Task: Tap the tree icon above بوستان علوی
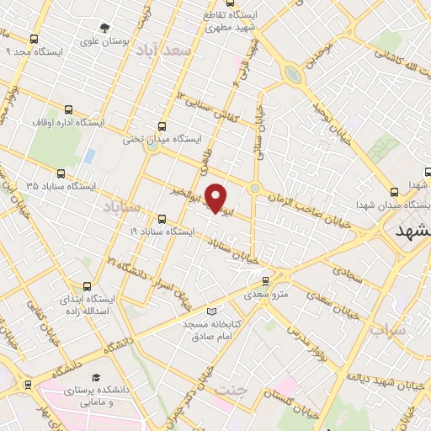[x=104, y=25]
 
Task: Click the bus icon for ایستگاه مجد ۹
[x=34, y=39]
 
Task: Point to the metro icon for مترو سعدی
[x=266, y=282]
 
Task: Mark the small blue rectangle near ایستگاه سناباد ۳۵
[x=89, y=157]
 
